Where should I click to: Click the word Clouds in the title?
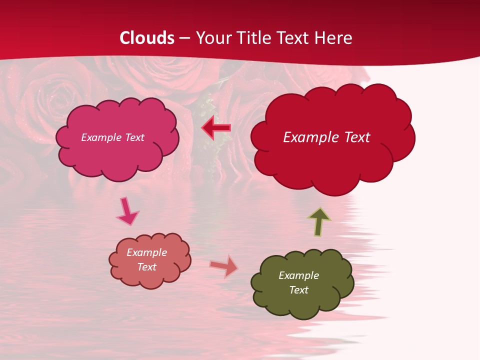147,38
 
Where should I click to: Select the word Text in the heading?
294,38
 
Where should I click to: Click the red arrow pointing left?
216,128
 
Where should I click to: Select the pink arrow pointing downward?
127,211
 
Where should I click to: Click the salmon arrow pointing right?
224,266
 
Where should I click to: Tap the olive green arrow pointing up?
319,222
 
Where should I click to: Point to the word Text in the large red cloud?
354,137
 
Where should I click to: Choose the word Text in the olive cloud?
298,290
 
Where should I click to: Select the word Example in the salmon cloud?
146,252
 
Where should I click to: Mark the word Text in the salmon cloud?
146,267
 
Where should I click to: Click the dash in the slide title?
184,38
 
